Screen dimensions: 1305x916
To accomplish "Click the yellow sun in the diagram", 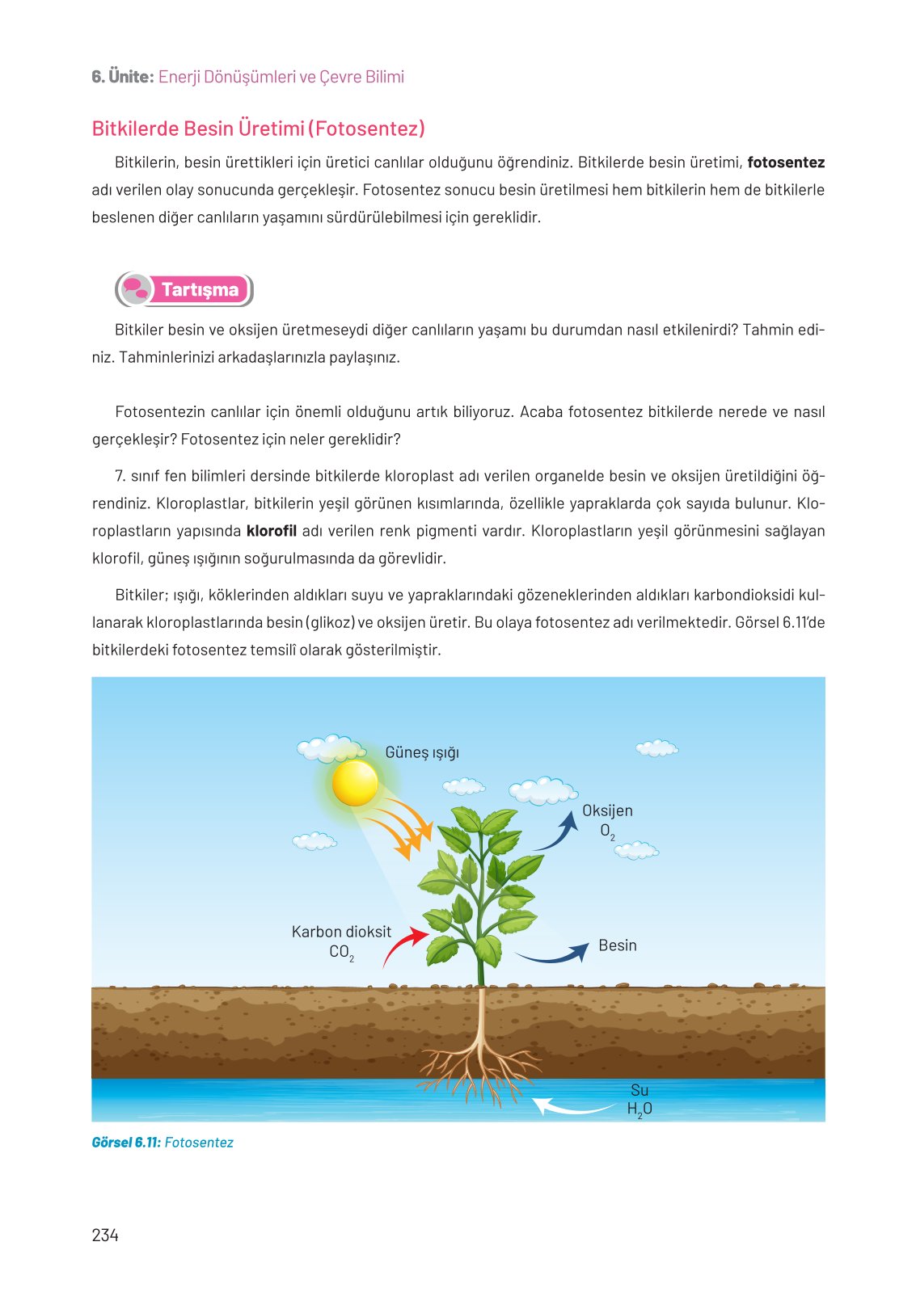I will point(355,783).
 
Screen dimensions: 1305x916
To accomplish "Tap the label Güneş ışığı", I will point(422,752).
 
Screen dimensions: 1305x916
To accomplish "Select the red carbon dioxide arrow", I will point(403,945).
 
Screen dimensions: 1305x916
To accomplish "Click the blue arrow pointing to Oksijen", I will point(559,832).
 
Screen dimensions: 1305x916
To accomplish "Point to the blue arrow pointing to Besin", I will point(555,954).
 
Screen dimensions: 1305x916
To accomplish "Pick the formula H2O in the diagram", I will point(640,1109).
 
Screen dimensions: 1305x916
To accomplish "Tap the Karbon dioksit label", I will point(341,932).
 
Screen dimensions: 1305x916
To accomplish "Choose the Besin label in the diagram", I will point(618,945).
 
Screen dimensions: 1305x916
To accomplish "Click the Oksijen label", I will point(607,810).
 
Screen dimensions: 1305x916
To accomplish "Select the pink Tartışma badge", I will point(200,290).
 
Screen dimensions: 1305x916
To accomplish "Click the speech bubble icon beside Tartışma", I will point(135,289).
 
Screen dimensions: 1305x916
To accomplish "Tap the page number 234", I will point(105,1235).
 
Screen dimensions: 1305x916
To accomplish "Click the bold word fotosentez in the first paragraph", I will point(786,162).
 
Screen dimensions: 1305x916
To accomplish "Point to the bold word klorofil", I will point(271,531).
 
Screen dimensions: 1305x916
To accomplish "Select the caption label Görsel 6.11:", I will point(126,1143).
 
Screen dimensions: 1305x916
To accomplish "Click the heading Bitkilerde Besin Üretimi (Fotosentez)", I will point(259,128).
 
